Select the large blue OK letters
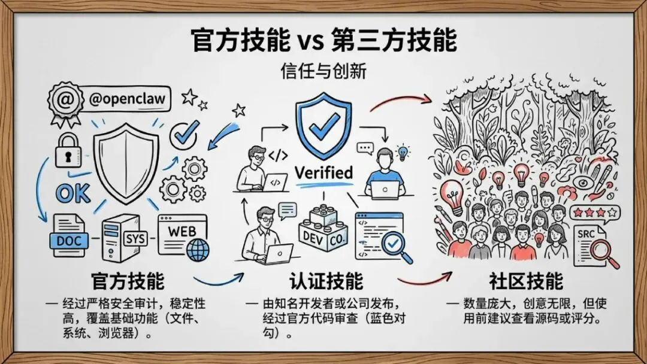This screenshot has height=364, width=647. tap(73, 193)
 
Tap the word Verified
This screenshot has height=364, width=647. tap(324, 172)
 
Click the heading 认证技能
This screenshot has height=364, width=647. tap(326, 281)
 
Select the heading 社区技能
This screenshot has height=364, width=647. tap(526, 281)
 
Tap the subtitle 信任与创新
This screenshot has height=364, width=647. tap(323, 71)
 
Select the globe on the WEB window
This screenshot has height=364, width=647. tap(198, 248)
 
